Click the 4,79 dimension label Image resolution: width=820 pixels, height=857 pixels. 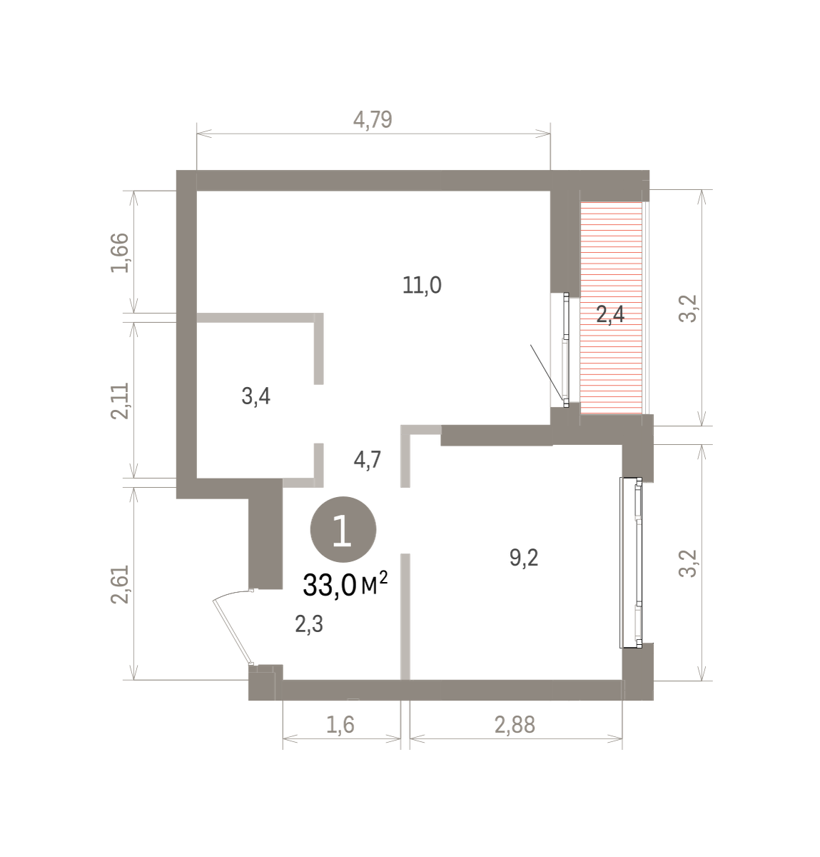[x=373, y=120]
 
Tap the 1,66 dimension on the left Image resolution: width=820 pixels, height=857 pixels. [x=120, y=253]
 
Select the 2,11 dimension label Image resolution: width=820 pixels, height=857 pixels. [x=120, y=401]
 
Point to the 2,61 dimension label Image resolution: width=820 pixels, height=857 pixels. [x=120, y=584]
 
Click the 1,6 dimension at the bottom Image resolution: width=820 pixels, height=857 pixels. [x=340, y=724]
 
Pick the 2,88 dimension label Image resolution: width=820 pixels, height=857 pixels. [x=515, y=724]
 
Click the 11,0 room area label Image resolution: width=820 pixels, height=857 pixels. [x=422, y=286]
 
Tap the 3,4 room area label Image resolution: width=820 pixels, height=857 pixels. [x=255, y=396]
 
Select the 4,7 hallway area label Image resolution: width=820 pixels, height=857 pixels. [x=367, y=460]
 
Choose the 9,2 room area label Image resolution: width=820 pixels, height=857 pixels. [x=524, y=558]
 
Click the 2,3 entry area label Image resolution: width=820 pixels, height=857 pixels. [x=309, y=624]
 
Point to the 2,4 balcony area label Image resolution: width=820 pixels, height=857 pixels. [x=610, y=314]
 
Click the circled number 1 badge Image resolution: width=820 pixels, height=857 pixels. [x=343, y=529]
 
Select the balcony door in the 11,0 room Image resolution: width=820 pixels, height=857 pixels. [x=565, y=350]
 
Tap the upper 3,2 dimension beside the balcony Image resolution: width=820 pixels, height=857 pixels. [x=688, y=309]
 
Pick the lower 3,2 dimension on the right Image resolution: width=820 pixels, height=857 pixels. [x=688, y=563]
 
